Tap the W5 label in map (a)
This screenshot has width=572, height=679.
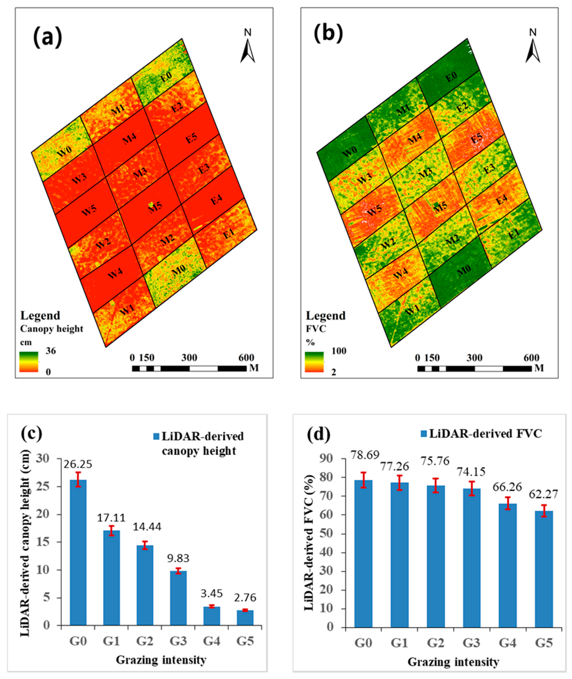(x=89, y=212)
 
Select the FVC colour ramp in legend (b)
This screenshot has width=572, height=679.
(x=314, y=362)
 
